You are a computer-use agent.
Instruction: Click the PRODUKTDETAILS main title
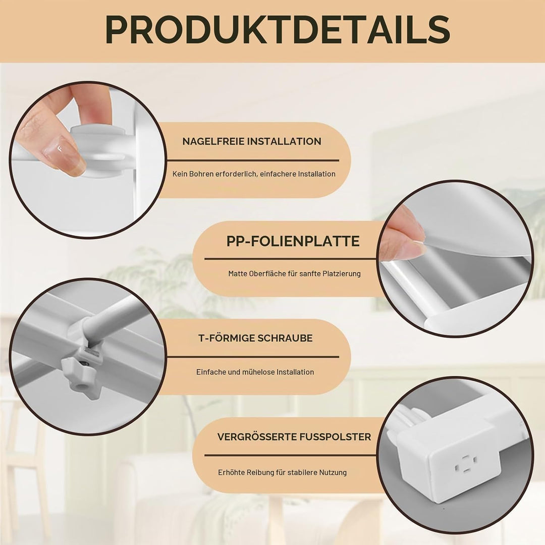(278, 30)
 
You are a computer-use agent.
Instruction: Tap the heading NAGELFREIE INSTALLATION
(252, 141)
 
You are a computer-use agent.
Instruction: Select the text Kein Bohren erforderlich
(214, 174)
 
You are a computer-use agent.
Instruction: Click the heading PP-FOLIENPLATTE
(293, 241)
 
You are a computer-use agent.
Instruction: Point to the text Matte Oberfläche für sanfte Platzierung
(294, 274)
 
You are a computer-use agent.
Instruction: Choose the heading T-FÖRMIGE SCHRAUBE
(255, 338)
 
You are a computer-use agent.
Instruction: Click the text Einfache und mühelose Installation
(255, 372)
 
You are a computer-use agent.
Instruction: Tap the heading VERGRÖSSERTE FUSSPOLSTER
(294, 437)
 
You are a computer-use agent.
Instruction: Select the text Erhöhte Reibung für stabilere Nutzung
(282, 472)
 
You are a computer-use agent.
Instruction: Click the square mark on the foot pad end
(466, 464)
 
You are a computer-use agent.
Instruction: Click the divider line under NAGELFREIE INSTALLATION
(253, 160)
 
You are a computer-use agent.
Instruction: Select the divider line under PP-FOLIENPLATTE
(290, 259)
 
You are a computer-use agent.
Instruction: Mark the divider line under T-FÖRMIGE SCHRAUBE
(253, 357)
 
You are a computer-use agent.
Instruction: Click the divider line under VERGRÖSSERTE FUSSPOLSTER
(290, 455)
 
